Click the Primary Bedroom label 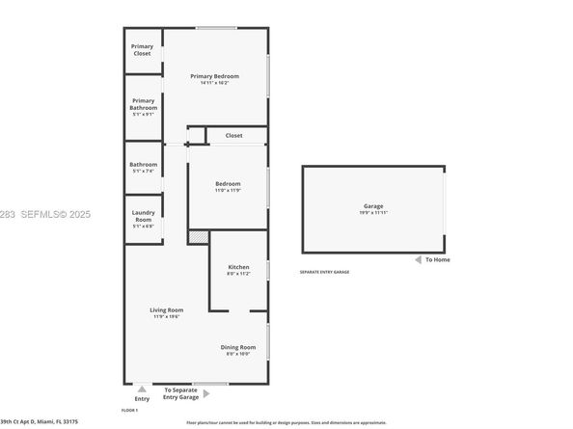pos(214,76)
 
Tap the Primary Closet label pos(143,49)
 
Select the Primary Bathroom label pos(143,104)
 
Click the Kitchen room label pos(238,267)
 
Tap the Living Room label pos(167,309)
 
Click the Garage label pos(373,206)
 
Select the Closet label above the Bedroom pos(234,136)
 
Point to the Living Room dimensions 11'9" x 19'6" pos(167,317)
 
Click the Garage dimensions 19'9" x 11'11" pos(373,213)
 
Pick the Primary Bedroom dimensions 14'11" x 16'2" pos(214,83)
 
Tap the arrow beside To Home pos(417,259)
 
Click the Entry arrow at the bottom pos(143,389)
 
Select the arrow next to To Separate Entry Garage pos(206,393)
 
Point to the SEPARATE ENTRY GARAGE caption pos(324,273)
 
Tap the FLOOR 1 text pos(130,410)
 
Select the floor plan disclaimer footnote pos(286,422)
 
